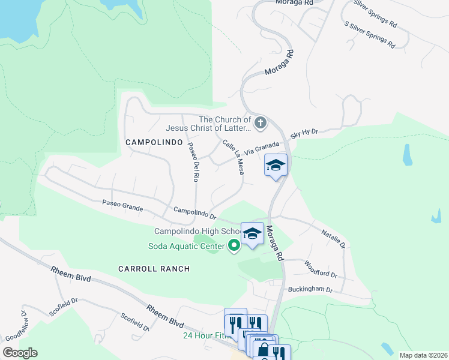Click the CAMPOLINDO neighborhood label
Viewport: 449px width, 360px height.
tap(153, 142)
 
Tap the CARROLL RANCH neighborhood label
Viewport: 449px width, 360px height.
tap(154, 269)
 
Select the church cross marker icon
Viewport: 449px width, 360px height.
tap(260, 124)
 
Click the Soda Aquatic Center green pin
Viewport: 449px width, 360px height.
tap(234, 246)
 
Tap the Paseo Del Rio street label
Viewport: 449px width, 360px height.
tap(192, 161)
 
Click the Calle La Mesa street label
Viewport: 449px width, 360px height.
tap(234, 157)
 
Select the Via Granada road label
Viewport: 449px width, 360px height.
tap(262, 148)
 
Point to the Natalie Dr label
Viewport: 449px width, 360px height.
tap(333, 238)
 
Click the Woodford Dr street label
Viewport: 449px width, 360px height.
tap(321, 269)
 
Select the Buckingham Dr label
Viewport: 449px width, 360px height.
tap(310, 289)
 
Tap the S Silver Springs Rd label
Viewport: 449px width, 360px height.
tap(370, 34)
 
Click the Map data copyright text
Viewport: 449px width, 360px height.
tap(423, 355)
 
